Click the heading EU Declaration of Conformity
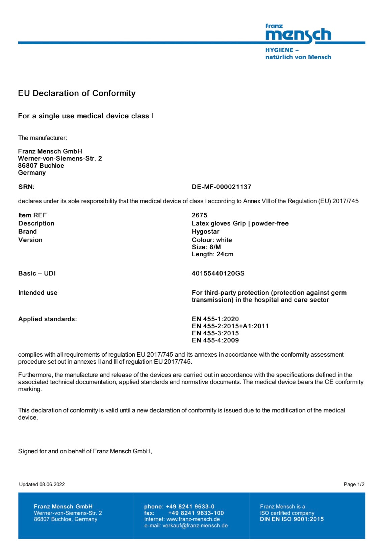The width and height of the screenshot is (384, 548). (x=77, y=93)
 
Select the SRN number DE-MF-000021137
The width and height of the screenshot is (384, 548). (x=221, y=187)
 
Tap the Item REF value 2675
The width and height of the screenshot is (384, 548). (x=199, y=215)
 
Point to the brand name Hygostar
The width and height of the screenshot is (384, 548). (x=205, y=232)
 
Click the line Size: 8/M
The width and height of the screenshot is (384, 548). (x=206, y=247)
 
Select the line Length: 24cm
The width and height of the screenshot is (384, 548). (x=212, y=254)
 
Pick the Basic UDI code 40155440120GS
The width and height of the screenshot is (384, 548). (x=218, y=273)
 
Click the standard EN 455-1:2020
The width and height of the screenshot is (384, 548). (x=215, y=319)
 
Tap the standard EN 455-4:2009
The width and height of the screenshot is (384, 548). (x=215, y=340)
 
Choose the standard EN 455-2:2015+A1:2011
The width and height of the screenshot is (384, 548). (x=230, y=326)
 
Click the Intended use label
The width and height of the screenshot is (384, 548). (x=38, y=293)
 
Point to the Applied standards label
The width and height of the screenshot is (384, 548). (x=47, y=319)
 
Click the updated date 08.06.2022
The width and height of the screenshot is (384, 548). (x=52, y=484)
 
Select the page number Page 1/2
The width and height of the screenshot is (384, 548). (x=354, y=484)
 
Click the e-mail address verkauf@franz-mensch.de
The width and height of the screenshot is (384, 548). (x=195, y=526)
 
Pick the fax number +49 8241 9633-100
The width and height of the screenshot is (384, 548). (x=196, y=513)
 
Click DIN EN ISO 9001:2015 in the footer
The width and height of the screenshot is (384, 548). (x=291, y=519)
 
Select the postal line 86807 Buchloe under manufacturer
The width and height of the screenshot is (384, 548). (x=41, y=166)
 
